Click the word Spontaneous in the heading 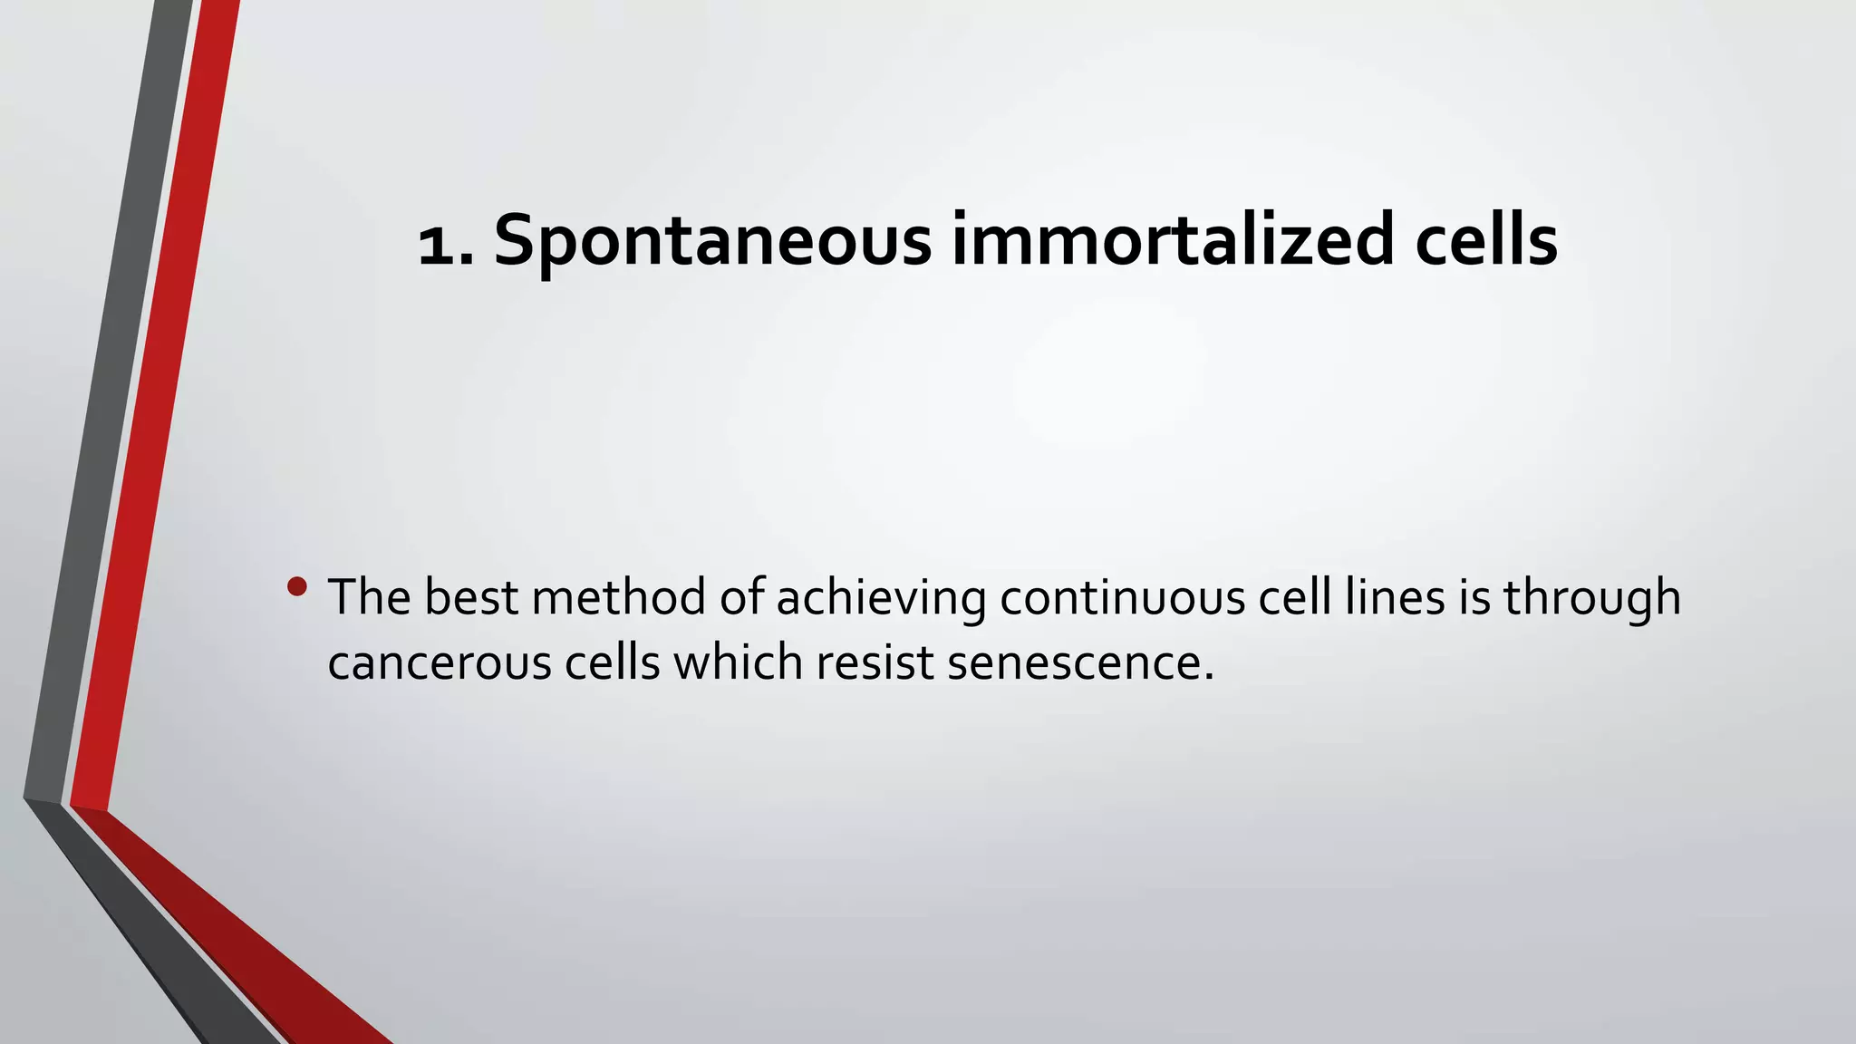click(712, 241)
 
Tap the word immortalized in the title click(1173, 241)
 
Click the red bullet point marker click(296, 587)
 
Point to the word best click(471, 597)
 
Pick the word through click(1592, 599)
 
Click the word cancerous click(440, 663)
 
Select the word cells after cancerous click(613, 662)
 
